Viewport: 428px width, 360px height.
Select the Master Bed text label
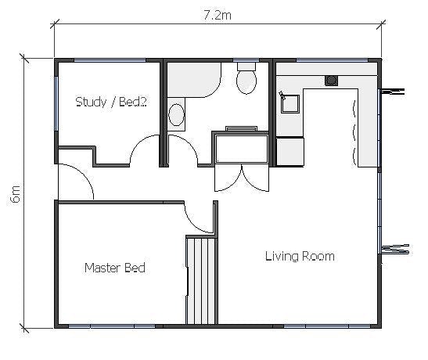[114, 268]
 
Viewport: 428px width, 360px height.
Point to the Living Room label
[299, 256]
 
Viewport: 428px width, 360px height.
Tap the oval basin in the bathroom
[178, 117]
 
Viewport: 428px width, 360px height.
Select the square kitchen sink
[290, 103]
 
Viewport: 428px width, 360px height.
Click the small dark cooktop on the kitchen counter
[331, 79]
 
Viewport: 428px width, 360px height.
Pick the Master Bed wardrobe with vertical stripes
[201, 279]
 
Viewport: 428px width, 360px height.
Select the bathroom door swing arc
[182, 149]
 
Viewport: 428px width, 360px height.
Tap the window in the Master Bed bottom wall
[111, 326]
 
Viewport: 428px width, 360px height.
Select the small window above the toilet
[247, 60]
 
